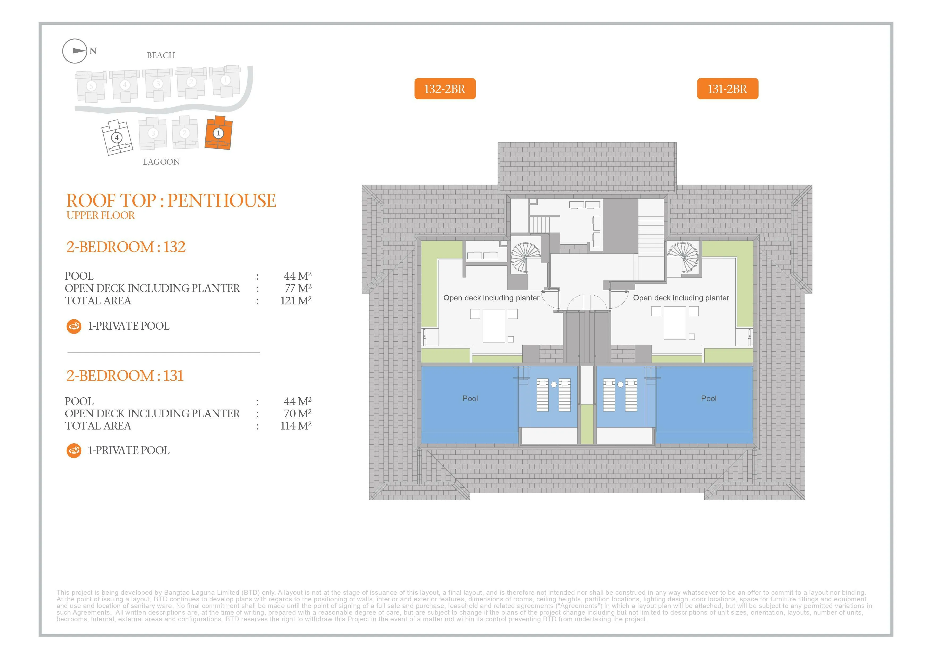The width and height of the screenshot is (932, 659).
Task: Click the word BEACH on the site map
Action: pyautogui.click(x=161, y=55)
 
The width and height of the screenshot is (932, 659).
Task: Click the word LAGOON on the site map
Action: pyautogui.click(x=161, y=162)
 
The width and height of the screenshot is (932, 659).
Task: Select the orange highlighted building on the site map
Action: pyautogui.click(x=218, y=133)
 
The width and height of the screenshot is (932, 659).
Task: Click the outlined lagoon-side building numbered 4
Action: pyautogui.click(x=117, y=138)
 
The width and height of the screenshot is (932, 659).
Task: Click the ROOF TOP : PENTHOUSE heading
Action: pyautogui.click(x=171, y=201)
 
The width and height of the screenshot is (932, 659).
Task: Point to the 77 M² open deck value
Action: pyautogui.click(x=298, y=288)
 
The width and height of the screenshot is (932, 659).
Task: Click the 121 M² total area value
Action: pyautogui.click(x=296, y=301)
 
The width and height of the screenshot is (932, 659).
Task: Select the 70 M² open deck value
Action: pyautogui.click(x=298, y=414)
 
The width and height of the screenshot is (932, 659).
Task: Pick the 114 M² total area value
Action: pyautogui.click(x=296, y=426)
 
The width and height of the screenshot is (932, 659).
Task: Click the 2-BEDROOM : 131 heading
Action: pyautogui.click(x=125, y=376)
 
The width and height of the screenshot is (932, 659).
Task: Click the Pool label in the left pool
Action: pyautogui.click(x=470, y=398)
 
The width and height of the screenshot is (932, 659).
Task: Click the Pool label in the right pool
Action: pyautogui.click(x=709, y=398)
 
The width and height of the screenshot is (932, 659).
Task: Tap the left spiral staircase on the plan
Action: pyautogui.click(x=525, y=257)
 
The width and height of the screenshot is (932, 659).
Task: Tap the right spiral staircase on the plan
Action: pyautogui.click(x=683, y=257)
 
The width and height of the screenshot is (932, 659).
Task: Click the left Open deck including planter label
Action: pyautogui.click(x=491, y=298)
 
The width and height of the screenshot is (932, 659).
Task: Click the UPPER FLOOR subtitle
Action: pyautogui.click(x=101, y=215)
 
